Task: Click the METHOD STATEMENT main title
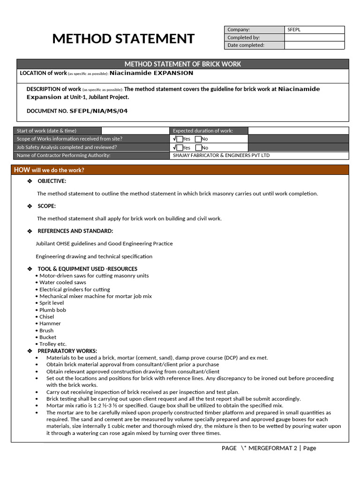pos(123,38)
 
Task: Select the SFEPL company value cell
pos(314,30)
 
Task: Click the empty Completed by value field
pos(314,37)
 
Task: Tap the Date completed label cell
pos(254,45)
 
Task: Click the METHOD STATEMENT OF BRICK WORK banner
pos(183,64)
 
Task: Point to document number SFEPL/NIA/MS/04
pos(98,111)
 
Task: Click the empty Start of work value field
pos(135,131)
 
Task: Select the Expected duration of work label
pos(203,131)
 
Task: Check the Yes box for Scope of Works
pos(180,139)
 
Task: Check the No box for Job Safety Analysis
pos(198,148)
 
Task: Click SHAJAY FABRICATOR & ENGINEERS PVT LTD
pos(221,156)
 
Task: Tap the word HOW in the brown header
pos(22,170)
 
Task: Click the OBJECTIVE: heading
pos(52,181)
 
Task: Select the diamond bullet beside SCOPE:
pos(30,206)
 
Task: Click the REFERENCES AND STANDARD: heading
pos(75,231)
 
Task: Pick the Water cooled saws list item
pos(62,283)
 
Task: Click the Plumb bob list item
pos(52,310)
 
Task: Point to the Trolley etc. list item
pos(52,344)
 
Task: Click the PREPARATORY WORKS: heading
pos(67,351)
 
